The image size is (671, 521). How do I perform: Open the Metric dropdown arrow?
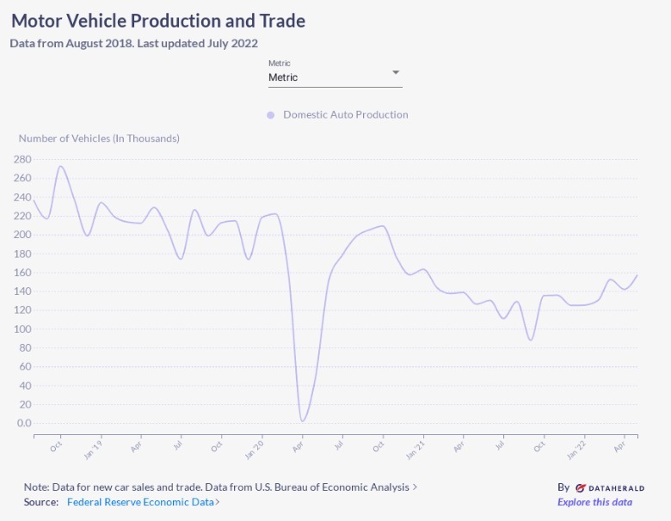coord(396,72)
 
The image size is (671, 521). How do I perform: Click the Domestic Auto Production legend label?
coord(345,114)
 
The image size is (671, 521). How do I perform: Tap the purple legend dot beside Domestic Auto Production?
coord(270,114)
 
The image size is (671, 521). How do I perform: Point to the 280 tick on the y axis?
coord(22,159)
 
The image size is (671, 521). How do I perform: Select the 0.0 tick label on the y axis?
coord(22,423)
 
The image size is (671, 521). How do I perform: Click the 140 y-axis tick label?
coord(22,291)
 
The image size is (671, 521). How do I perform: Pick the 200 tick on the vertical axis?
coord(22,235)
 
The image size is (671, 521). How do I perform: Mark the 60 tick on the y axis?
coord(24,366)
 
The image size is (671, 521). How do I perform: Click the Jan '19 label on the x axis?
coord(94,449)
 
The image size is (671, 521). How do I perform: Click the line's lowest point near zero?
coord(302,421)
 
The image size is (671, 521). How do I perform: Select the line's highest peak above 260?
coord(60,166)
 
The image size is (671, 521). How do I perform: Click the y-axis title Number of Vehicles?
coord(99,138)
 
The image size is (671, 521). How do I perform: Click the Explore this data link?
coord(594,502)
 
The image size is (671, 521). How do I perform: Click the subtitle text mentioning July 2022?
coord(133,43)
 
